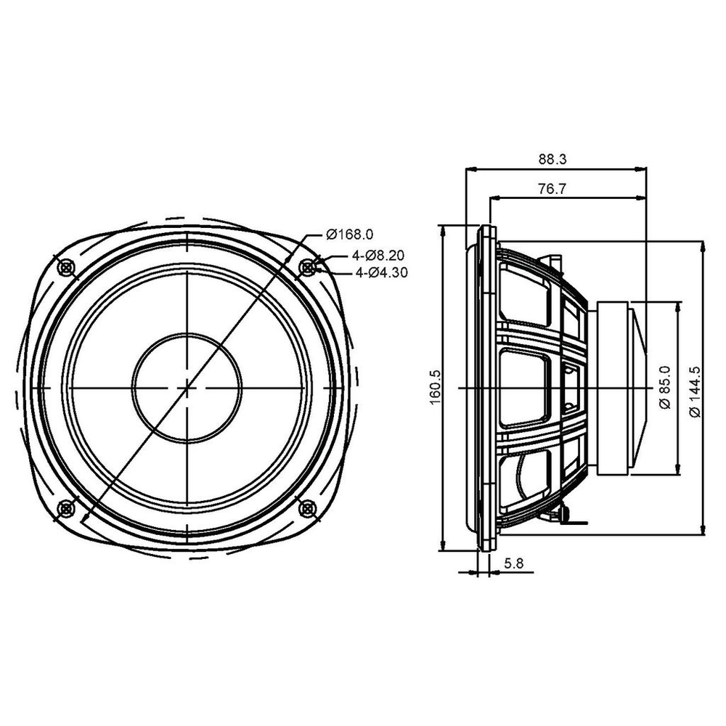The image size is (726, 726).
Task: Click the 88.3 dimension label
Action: (552, 159)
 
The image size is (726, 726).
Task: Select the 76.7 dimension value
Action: (552, 189)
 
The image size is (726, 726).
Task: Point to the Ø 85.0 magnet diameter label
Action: (664, 387)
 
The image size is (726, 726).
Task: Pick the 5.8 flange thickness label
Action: (514, 563)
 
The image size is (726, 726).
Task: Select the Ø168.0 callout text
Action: (350, 234)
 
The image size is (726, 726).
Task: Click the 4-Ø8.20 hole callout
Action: (378, 255)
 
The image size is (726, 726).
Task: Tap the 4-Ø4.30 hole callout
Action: (382, 273)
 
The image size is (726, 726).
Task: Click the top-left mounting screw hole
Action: (66, 266)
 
